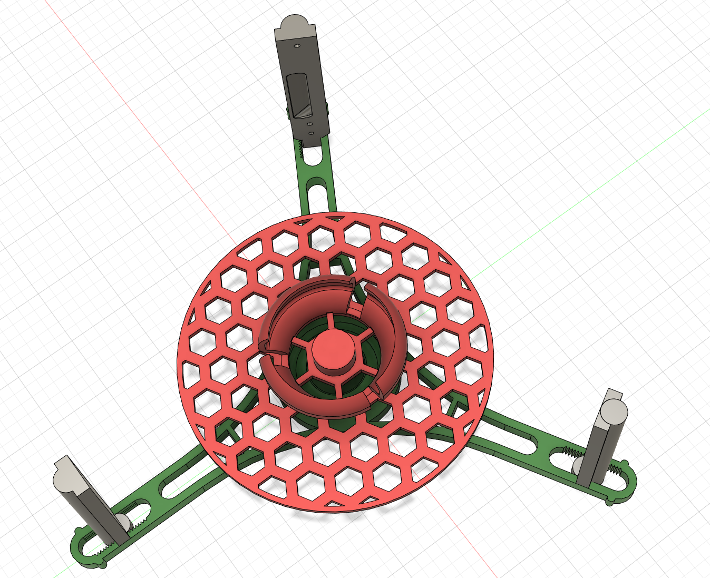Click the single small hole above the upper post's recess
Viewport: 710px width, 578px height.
[296, 46]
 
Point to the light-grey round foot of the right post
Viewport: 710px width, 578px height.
[580, 465]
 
